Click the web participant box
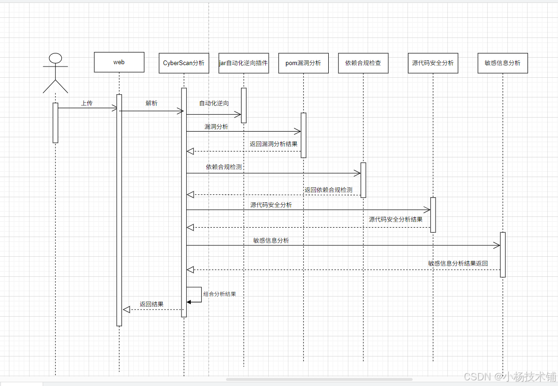pyautogui.click(x=119, y=62)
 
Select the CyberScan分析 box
pyautogui.click(x=184, y=63)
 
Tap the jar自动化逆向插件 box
pyautogui.click(x=244, y=63)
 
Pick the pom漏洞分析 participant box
pyautogui.click(x=303, y=63)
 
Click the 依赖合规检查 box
pyautogui.click(x=363, y=63)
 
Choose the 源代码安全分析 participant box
pyautogui.click(x=433, y=63)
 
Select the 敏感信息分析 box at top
pyautogui.click(x=502, y=63)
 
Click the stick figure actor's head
pyautogui.click(x=55, y=58)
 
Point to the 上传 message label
pyautogui.click(x=87, y=103)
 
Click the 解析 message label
pyautogui.click(x=151, y=103)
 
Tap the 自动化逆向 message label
pyautogui.click(x=214, y=103)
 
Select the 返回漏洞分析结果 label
pyautogui.click(x=273, y=144)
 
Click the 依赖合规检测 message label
pyautogui.click(x=224, y=166)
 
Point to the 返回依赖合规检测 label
pyautogui.click(x=328, y=190)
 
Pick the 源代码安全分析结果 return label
pyautogui.click(x=395, y=219)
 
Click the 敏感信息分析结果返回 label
pyautogui.click(x=458, y=263)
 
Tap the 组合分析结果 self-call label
pyautogui.click(x=219, y=294)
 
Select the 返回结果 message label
pyautogui.click(x=151, y=304)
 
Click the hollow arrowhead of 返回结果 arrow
pyautogui.click(x=126, y=310)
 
